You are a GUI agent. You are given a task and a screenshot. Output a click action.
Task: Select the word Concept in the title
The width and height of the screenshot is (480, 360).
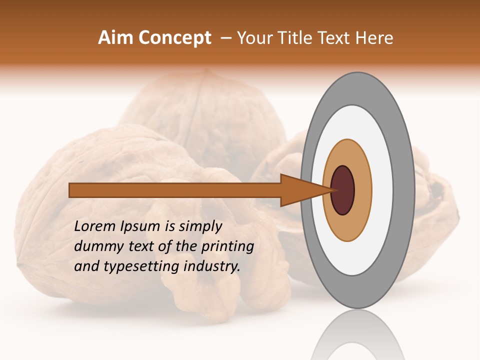coord(174,38)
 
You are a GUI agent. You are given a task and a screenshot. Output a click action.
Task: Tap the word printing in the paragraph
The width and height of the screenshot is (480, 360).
coord(227,247)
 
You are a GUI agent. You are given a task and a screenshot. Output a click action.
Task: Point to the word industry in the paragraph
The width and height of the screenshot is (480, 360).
coord(210,266)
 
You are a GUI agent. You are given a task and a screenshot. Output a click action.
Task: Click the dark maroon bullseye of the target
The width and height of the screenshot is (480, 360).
coord(343,190)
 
